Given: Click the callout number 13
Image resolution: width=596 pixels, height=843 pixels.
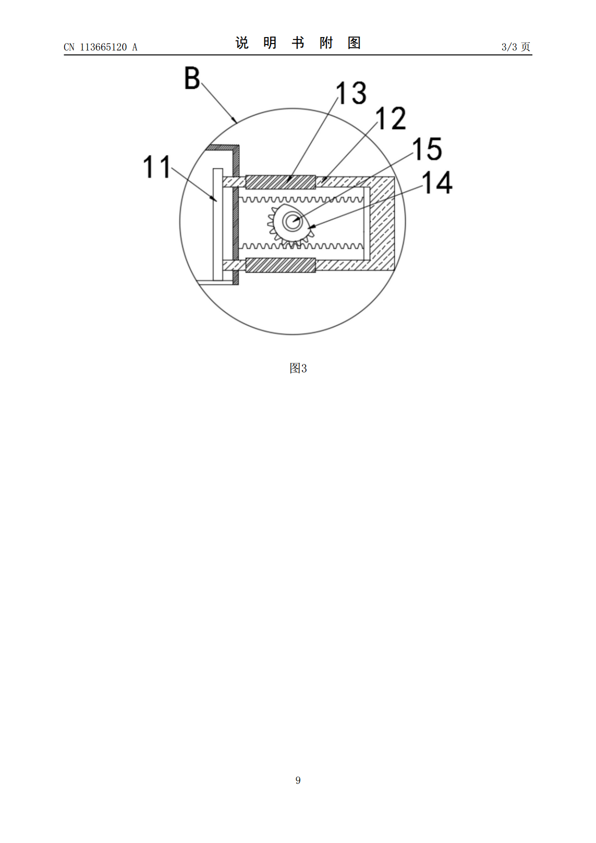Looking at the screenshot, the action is pos(351,93).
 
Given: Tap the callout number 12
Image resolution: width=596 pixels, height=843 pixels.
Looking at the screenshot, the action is pos(391,118).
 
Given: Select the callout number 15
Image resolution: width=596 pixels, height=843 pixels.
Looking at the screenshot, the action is pos(427,149).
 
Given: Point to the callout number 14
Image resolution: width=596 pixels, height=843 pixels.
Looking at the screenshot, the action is pos(437,183).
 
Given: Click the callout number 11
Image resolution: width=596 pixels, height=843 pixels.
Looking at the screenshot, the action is pos(157,167).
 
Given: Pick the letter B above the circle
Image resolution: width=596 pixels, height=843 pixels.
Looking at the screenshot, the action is pos(192,78).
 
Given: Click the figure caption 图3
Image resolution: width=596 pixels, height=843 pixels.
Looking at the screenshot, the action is pos(298,368).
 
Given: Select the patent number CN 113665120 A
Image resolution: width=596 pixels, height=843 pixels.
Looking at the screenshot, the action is pos(101,47).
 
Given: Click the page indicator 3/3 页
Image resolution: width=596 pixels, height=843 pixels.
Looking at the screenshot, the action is pos(516,47).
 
